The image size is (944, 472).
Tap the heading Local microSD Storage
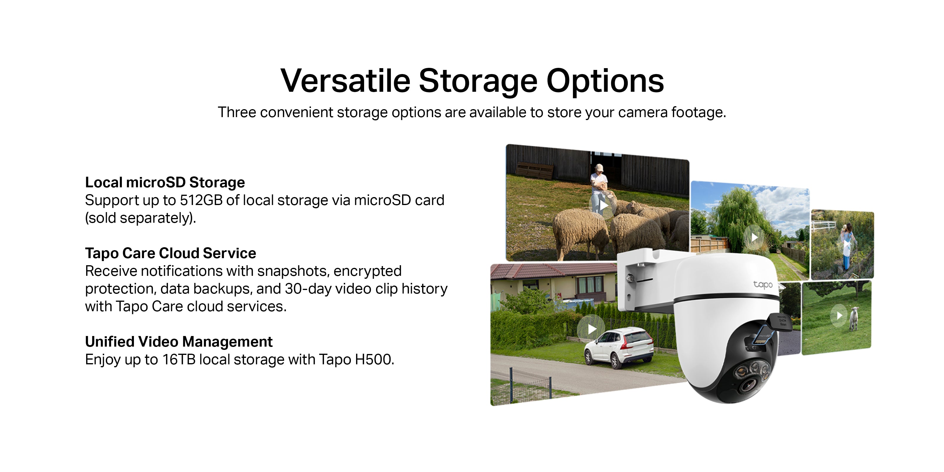click(x=165, y=182)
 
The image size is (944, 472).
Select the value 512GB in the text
click(x=201, y=200)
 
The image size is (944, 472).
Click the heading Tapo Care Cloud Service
click(x=171, y=253)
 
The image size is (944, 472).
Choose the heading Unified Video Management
click(x=179, y=342)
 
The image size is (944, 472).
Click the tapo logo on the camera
click(x=763, y=284)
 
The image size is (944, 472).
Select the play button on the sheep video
click(x=603, y=206)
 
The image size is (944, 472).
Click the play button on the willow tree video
click(x=754, y=237)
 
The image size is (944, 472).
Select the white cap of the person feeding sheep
click(x=599, y=168)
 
